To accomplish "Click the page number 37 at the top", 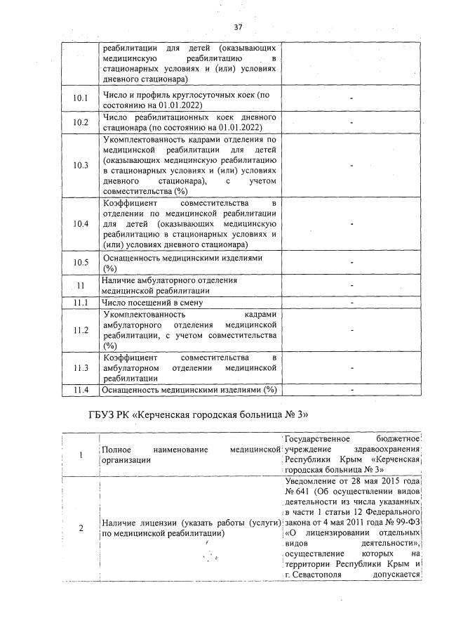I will [237, 27].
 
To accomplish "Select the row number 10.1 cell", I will [81, 100].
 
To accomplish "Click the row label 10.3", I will [81, 165].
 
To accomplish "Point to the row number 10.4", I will [81, 223].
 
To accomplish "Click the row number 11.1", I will [81, 303].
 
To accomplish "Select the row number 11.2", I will [81, 329].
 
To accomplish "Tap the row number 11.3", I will [81, 367].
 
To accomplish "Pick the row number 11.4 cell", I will [81, 389].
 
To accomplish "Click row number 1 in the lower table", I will [80, 454].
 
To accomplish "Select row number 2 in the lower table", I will [80, 528].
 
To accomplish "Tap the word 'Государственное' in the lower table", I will [314, 440].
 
